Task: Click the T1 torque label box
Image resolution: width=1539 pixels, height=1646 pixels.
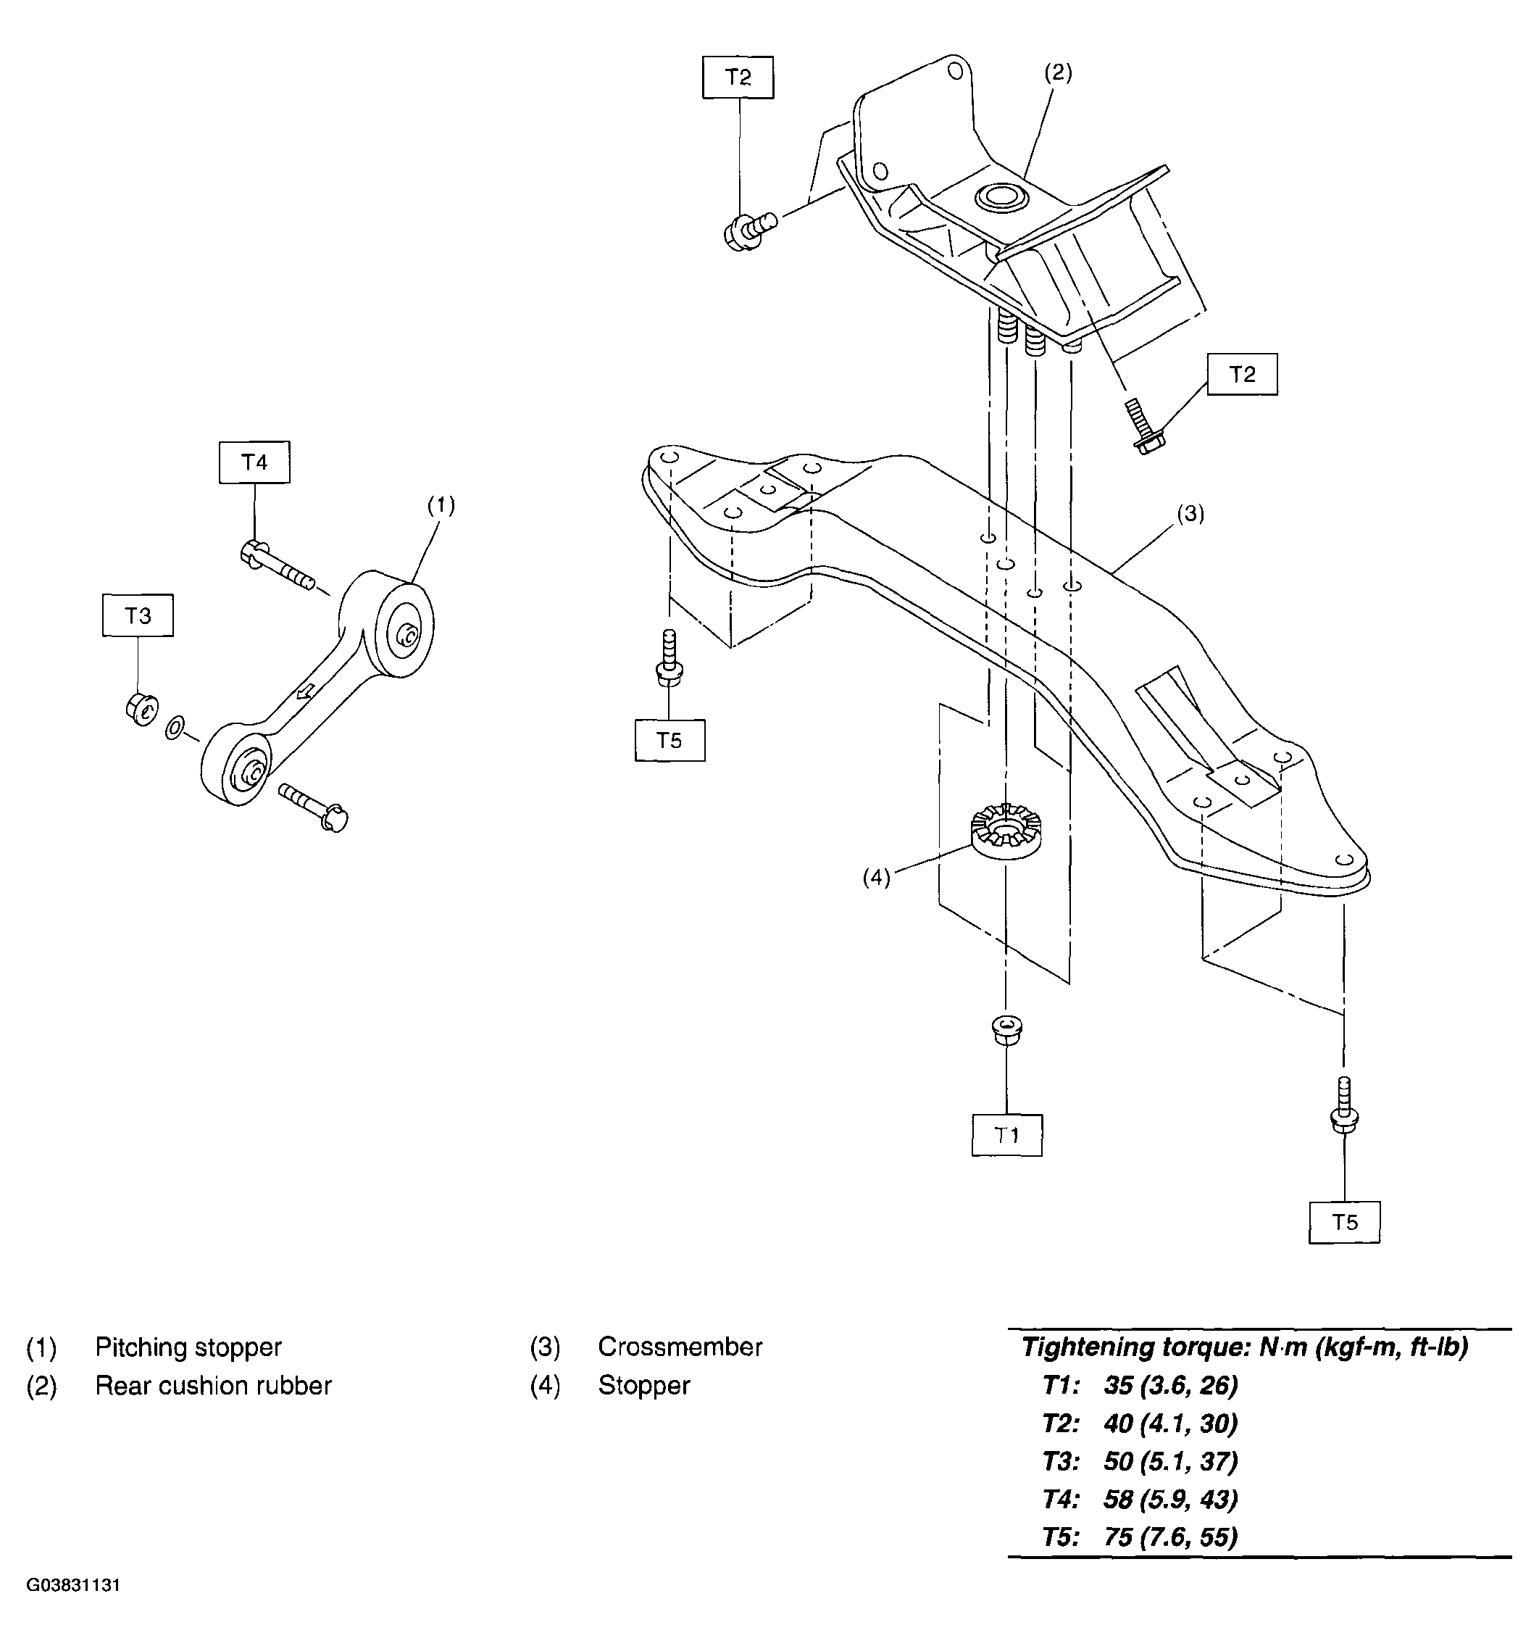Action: [x=1006, y=1134]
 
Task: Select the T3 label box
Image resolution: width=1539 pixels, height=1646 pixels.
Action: [x=138, y=615]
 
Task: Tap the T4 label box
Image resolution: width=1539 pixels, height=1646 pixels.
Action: [x=254, y=462]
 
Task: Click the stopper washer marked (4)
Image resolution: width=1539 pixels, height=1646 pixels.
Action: [x=1004, y=832]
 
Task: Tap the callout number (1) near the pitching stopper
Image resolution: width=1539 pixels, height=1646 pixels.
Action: [x=441, y=504]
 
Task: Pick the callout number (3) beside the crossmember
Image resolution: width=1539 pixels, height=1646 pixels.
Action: [x=1190, y=513]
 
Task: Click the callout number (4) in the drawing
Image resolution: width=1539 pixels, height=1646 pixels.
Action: [x=876, y=878]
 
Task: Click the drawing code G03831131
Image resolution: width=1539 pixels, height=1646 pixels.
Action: [x=74, y=1584]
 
